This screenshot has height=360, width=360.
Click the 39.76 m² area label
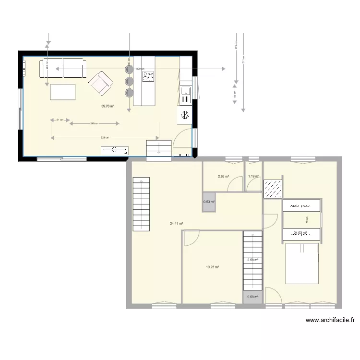coord(108,106)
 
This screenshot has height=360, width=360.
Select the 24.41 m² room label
coord(177,223)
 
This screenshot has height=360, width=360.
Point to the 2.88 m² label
coord(223,176)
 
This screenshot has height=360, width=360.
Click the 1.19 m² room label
coord(253,176)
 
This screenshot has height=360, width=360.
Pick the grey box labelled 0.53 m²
coord(209,202)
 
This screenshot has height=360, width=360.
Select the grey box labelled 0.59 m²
coord(252,297)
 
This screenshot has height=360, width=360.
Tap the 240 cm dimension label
coord(94,123)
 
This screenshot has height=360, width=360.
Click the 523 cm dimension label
coord(104,138)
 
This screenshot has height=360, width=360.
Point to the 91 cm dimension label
coord(59,120)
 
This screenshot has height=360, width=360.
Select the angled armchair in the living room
coord(100,83)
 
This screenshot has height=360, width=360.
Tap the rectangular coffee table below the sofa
coord(63,92)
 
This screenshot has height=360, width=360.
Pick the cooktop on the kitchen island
coord(148,76)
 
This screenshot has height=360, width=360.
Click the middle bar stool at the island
coord(129,82)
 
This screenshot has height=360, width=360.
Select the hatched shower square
coord(273,188)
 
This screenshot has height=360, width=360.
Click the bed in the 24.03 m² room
coord(302,263)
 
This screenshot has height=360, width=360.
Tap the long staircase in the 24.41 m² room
coord(142,204)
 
